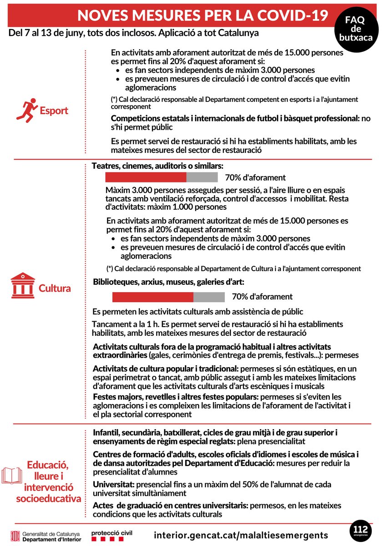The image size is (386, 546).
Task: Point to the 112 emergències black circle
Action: (x=361, y=532)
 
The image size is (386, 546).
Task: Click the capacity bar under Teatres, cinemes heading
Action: (x=161, y=177)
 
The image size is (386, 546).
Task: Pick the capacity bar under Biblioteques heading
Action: (x=168, y=297)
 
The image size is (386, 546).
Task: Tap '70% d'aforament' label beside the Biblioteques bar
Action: (x=262, y=297)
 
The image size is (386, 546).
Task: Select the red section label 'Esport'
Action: (x=54, y=111)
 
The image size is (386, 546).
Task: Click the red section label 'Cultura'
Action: (x=54, y=288)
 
